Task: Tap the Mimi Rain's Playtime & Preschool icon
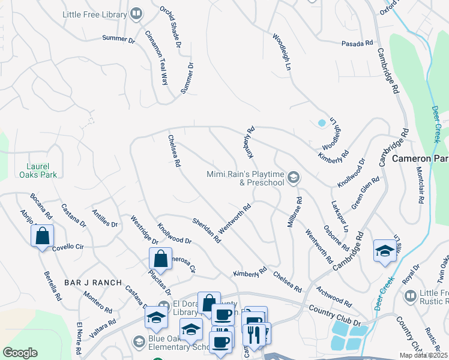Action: (x=294, y=177)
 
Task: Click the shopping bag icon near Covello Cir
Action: (x=43, y=236)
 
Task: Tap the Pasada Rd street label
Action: (x=357, y=43)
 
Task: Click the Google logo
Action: (x=20, y=352)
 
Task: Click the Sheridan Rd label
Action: (x=206, y=230)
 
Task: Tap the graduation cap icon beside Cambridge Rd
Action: (x=384, y=251)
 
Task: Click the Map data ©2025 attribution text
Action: (x=423, y=355)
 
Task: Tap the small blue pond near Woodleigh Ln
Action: (x=322, y=123)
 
